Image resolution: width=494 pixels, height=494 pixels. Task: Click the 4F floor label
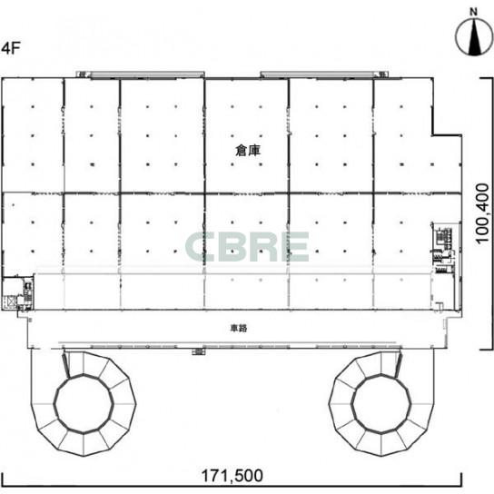11,48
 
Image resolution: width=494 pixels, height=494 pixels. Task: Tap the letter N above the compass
473,12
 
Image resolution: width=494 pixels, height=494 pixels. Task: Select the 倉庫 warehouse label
248,150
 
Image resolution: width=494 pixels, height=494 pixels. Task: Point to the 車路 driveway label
239,329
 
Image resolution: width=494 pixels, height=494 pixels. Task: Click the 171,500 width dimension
232,476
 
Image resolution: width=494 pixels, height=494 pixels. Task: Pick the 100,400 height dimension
482,213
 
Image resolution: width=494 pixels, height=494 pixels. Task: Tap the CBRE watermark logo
247,247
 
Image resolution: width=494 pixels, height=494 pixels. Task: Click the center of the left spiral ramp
84,404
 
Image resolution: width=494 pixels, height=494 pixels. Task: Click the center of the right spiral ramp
380,404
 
